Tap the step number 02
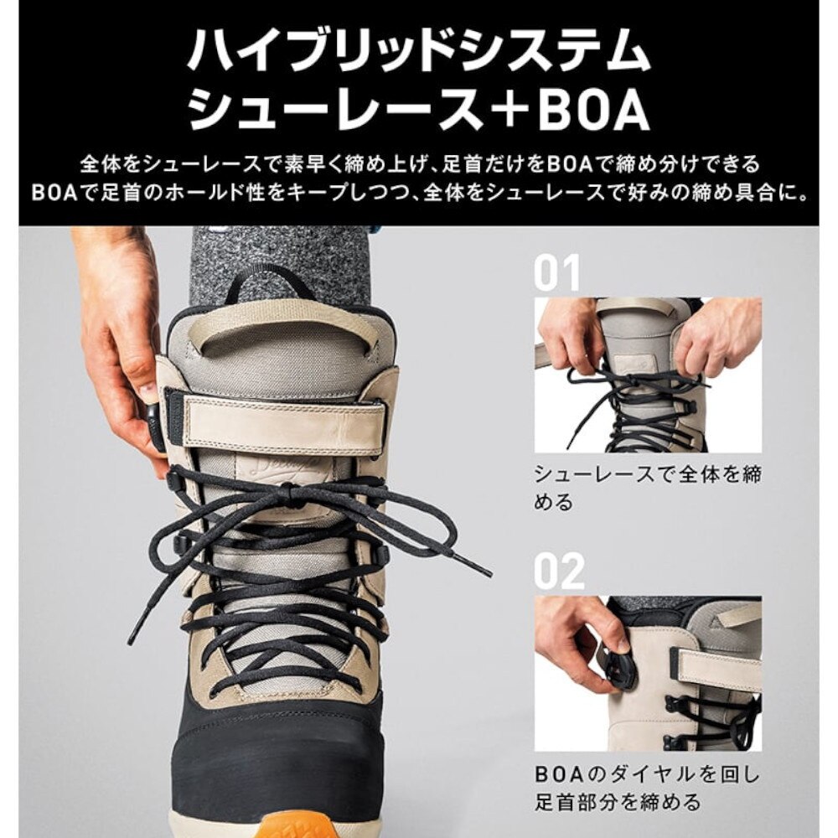pos(559,572)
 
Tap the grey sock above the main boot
pos(277,251)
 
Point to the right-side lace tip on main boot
pos(481,570)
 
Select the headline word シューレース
pos(335,110)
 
